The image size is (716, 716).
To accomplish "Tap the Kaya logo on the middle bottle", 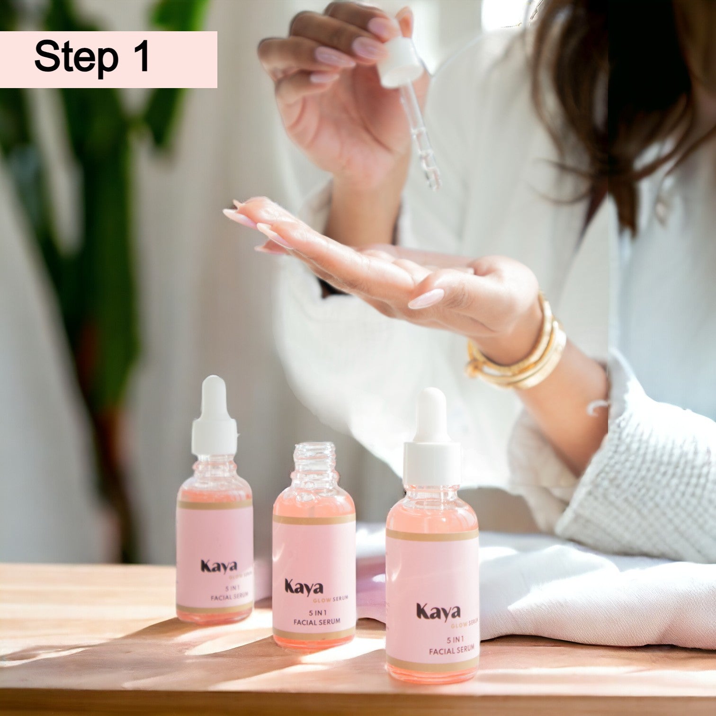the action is pos(304,587).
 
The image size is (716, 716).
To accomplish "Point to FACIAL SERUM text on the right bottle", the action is pos(451,651).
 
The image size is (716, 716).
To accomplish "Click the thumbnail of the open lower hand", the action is pos(426,299).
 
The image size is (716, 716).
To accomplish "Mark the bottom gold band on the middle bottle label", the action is pos(314,634).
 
